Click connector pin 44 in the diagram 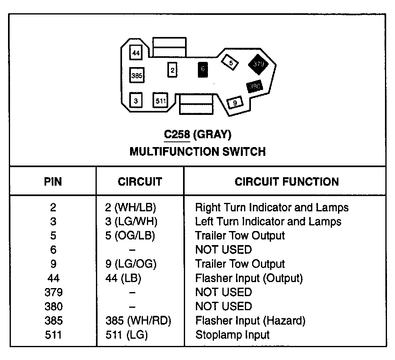coord(136,53)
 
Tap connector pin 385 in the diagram coord(137,76)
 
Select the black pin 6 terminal coord(203,69)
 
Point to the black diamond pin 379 coord(259,64)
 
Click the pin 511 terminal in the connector coord(160,100)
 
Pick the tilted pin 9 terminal coord(235,103)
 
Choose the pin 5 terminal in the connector coord(230,62)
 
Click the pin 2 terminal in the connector coord(172,70)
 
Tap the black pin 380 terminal coord(255,86)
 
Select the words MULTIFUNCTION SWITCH coord(197,152)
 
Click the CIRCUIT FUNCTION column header coord(287,182)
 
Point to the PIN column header coord(53,182)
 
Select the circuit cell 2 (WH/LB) coord(130,207)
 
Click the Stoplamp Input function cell coord(232,335)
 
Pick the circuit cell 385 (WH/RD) coord(138,321)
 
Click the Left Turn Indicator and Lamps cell coord(268,221)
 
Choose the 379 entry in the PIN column coord(53,292)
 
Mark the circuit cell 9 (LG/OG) coord(131,264)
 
